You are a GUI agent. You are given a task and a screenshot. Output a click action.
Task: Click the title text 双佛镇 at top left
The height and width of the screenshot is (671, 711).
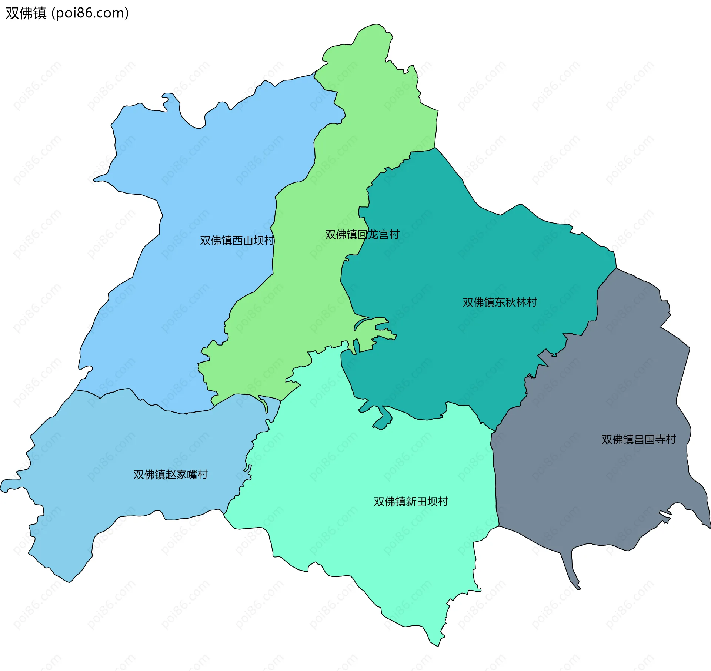point(26,13)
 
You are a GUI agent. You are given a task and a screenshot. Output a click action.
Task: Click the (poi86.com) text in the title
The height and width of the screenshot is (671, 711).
point(90,13)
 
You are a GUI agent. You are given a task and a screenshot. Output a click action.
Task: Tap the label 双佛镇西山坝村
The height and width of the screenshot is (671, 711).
point(237,241)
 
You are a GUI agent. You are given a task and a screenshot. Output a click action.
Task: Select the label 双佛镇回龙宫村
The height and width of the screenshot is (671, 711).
point(362,235)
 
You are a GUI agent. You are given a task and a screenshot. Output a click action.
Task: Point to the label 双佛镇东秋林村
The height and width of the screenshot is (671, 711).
point(500,303)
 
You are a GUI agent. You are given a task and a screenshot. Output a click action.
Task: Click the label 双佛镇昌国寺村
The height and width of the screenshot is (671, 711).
point(639,440)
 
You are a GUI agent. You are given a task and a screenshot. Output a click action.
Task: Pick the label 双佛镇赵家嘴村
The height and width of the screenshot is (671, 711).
point(170,475)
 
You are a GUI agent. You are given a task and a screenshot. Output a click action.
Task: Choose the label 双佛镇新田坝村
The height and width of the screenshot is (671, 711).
point(411,502)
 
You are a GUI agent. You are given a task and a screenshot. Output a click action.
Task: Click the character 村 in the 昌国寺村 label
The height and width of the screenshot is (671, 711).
point(671,440)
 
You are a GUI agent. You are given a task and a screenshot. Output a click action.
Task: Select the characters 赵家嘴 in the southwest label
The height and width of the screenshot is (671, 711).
point(181,475)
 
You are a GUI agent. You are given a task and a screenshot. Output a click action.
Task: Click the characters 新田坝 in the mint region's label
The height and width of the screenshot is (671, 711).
point(422,502)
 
